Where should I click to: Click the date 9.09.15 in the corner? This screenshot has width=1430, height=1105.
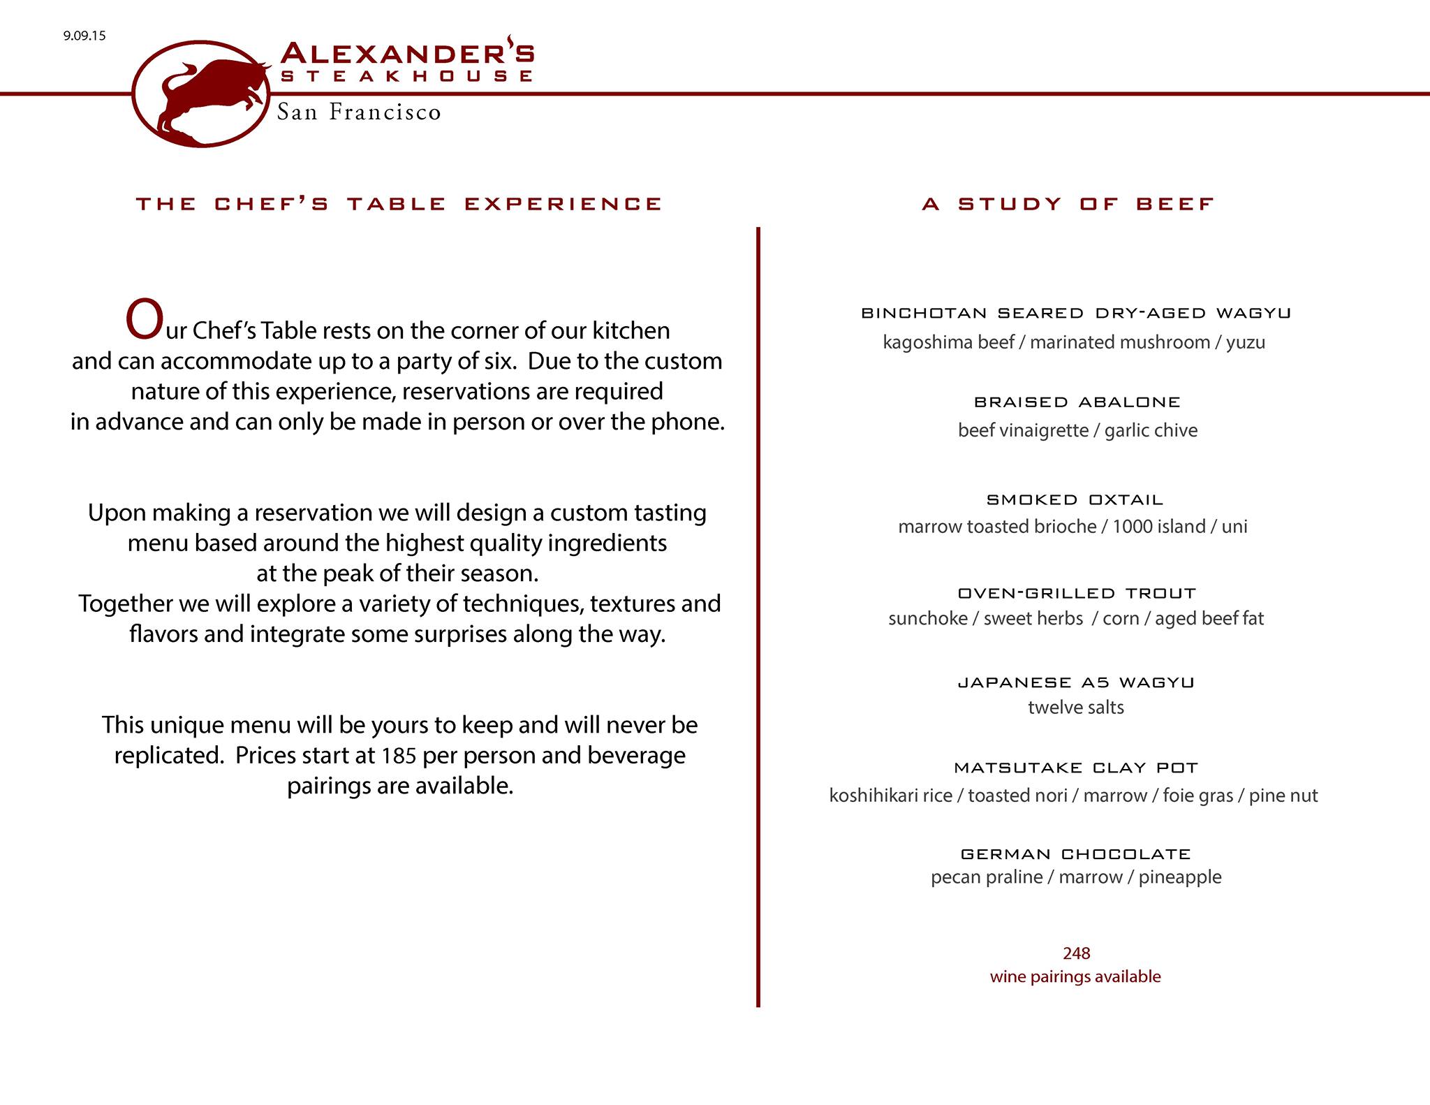point(84,36)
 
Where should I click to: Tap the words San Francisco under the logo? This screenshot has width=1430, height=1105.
point(359,112)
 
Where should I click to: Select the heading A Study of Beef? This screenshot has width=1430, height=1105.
point(1068,204)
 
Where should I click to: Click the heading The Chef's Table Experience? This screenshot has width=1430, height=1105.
point(399,204)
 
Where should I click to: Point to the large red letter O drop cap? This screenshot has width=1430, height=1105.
point(144,321)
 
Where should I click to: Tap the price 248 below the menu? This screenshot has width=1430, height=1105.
point(1076,953)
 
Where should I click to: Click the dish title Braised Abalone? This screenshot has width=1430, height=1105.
point(1077,402)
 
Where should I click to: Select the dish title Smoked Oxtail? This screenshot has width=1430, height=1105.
point(1075,500)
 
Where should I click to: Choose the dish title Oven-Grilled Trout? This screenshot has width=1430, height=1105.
point(1077,594)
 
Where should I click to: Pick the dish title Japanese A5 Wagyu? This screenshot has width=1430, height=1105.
point(1076,682)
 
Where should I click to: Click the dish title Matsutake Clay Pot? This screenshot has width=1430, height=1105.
point(1075,768)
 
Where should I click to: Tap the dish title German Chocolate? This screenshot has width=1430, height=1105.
point(1075,854)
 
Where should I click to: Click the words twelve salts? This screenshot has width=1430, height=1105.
point(1076,708)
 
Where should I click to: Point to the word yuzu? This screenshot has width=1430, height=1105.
point(1245,343)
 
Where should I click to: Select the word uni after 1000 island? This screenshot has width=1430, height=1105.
point(1234,527)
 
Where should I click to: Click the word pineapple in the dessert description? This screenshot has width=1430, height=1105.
point(1180,877)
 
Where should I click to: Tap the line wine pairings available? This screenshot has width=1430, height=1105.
point(1075,976)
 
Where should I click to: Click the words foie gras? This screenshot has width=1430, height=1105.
point(1197,796)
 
